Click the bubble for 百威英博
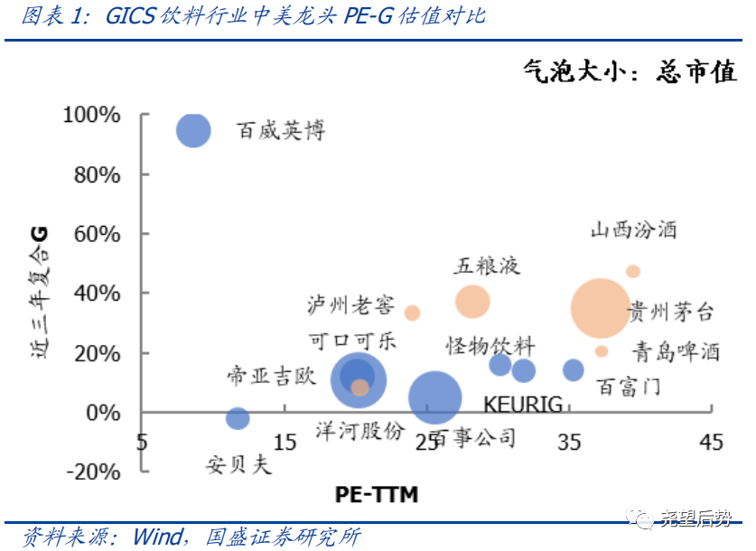[192, 131]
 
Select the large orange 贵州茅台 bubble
[601, 308]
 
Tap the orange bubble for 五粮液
[471, 302]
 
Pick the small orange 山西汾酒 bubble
[633, 271]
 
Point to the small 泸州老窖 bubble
[412, 313]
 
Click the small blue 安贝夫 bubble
[238, 418]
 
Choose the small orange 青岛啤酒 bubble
[602, 351]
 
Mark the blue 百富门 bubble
[574, 369]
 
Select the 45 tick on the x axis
[712, 442]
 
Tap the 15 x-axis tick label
[285, 442]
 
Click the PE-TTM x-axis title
[377, 494]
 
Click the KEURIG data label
[523, 403]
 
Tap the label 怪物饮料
[490, 346]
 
